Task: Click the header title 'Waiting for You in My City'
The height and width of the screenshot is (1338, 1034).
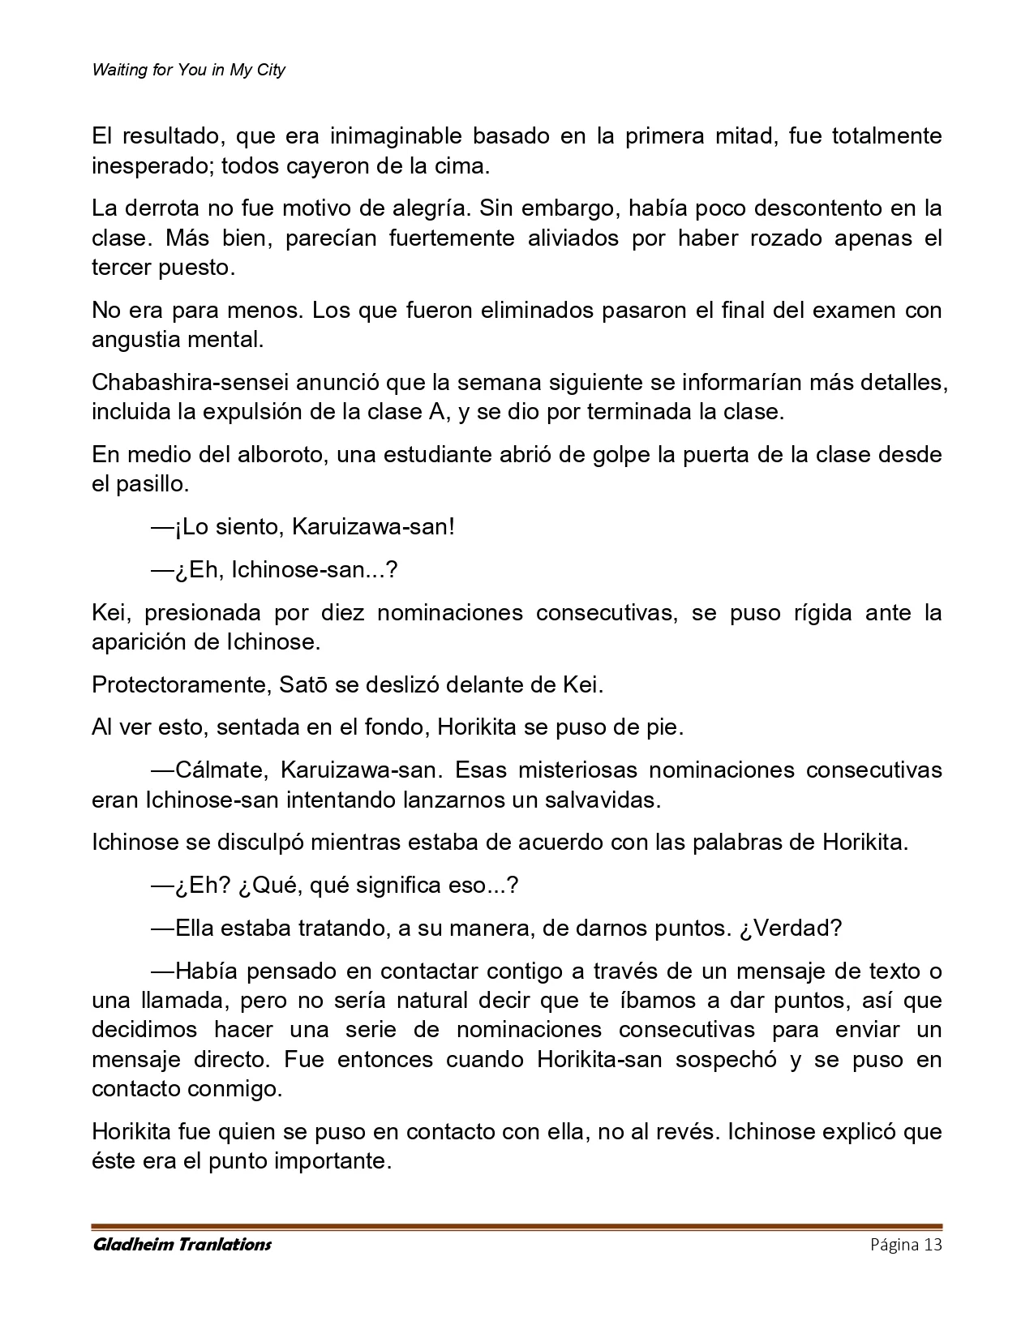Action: (188, 70)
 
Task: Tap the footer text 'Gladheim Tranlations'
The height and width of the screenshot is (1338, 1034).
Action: (182, 1245)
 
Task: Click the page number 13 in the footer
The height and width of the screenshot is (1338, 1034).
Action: (933, 1245)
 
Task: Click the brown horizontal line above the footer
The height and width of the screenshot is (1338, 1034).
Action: (517, 1227)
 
